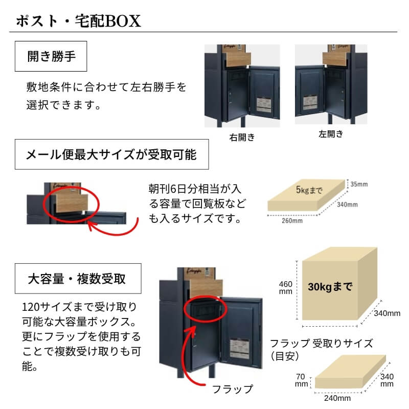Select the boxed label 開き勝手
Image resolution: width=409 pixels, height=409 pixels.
[x=52, y=56]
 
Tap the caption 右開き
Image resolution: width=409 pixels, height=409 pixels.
[x=242, y=138]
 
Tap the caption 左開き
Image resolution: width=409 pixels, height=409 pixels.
[x=331, y=134]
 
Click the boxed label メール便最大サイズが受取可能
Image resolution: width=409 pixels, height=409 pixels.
[x=111, y=154]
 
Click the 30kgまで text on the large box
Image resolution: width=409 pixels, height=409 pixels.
[x=330, y=286]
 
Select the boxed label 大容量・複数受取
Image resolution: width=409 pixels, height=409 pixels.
[x=77, y=279]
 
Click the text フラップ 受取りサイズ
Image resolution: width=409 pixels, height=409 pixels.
[x=321, y=343]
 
